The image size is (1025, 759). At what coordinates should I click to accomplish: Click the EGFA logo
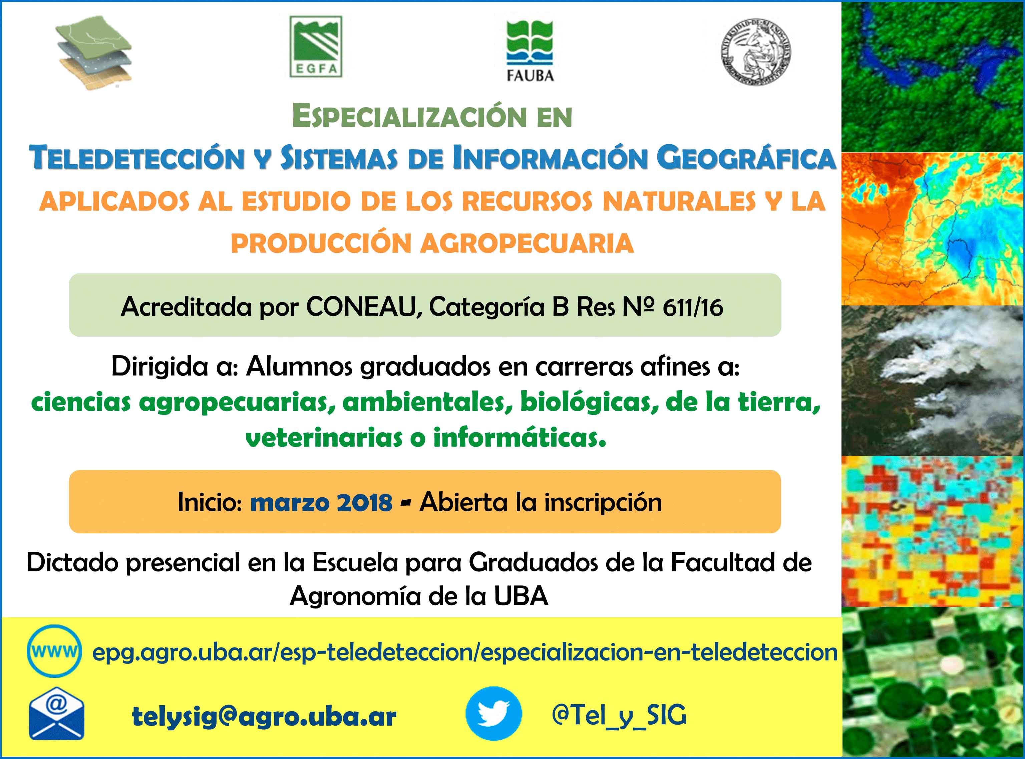[x=316, y=47]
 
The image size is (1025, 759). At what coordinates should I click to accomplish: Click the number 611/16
[x=693, y=307]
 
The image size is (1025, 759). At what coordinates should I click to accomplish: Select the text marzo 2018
[x=321, y=502]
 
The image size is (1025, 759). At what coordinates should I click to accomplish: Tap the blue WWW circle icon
[x=54, y=651]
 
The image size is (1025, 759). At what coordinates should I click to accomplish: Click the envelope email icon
[x=56, y=714]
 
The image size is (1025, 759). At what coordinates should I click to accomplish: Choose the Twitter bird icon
[x=494, y=714]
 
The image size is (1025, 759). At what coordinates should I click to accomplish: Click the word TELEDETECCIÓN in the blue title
[x=137, y=158]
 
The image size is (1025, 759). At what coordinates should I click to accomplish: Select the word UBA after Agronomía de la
[x=521, y=596]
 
